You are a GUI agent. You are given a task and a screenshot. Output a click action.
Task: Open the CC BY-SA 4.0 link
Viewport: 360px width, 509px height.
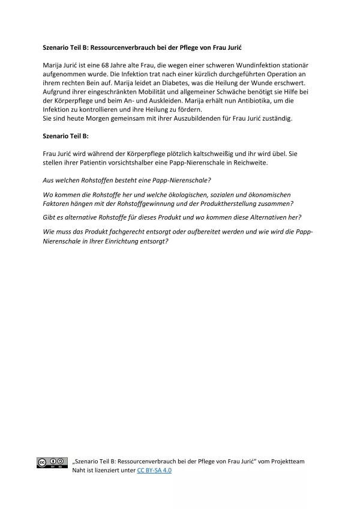[154, 471]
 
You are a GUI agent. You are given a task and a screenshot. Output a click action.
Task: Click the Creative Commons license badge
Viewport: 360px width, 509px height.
[52, 462]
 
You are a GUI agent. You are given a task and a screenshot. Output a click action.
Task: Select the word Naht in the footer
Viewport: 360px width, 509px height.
[80, 471]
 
